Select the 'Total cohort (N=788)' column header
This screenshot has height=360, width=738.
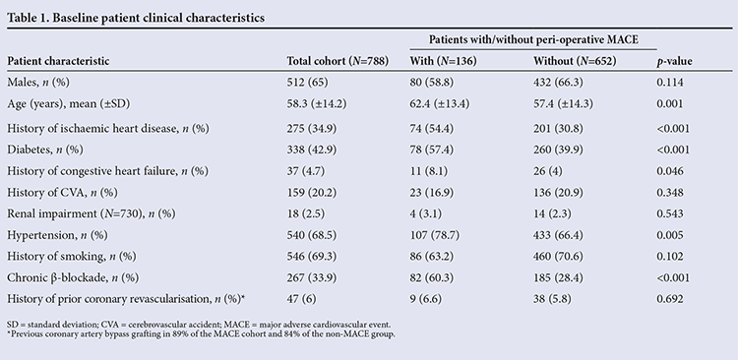[338, 61]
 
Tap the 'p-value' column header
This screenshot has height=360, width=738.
[674, 62]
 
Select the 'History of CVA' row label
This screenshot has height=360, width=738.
[40, 193]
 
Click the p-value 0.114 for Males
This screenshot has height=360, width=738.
[670, 83]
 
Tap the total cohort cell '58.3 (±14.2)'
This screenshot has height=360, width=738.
[317, 103]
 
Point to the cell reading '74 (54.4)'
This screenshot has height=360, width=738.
[432, 129]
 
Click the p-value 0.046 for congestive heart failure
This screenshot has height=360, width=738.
[670, 171]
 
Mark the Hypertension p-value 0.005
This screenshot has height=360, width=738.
[670, 235]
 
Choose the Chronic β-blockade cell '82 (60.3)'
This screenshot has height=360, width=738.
[432, 277]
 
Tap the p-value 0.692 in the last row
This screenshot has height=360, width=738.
[670, 299]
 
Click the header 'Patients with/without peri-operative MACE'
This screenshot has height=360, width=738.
[533, 40]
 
